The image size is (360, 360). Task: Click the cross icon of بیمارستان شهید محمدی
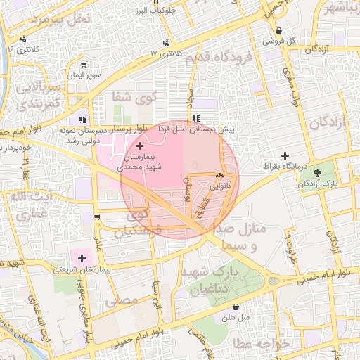(139, 145)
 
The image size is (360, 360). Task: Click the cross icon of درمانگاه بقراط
(285, 155)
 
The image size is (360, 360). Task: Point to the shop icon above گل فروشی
(279, 31)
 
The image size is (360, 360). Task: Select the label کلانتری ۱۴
(24, 50)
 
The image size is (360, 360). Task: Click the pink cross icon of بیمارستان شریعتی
(83, 259)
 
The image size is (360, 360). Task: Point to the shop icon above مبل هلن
(236, 307)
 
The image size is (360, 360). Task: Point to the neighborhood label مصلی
(121, 301)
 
